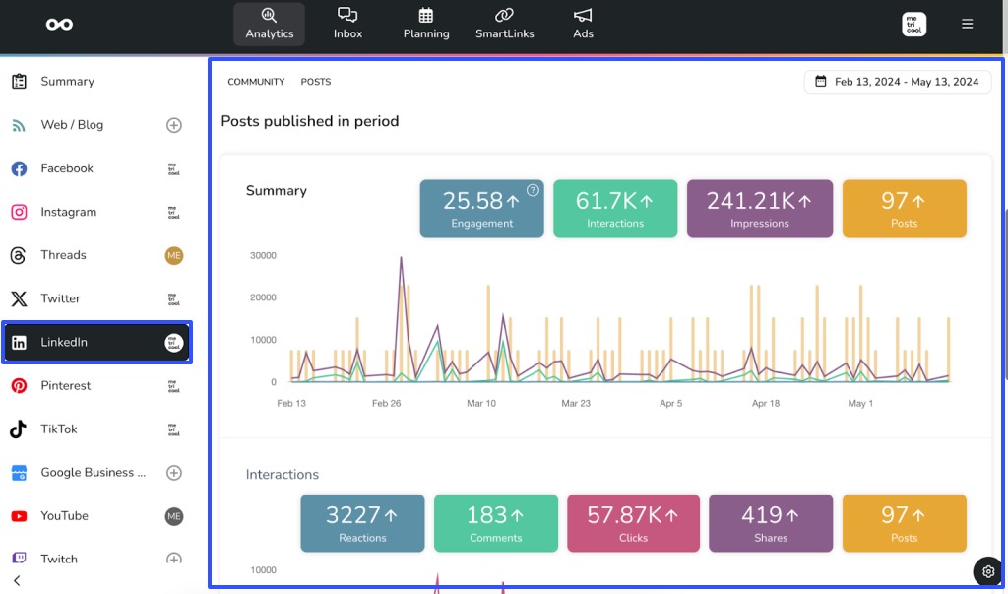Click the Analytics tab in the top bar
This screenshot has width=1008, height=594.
click(269, 24)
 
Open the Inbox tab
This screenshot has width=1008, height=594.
click(347, 24)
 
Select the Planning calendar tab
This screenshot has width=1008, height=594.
click(425, 24)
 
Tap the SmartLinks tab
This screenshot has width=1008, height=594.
click(504, 24)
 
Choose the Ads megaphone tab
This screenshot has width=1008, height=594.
click(583, 24)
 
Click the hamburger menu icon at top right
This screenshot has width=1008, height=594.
click(967, 24)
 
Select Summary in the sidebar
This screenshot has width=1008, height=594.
click(67, 82)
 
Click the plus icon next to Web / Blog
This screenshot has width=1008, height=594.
click(174, 125)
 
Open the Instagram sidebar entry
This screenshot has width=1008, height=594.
click(68, 212)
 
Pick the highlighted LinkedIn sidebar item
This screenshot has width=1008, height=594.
click(96, 342)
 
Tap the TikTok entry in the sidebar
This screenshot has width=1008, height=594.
click(58, 429)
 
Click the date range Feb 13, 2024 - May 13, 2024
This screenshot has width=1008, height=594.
click(898, 82)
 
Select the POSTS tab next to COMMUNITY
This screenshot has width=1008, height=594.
click(316, 82)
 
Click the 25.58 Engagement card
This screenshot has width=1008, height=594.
click(481, 209)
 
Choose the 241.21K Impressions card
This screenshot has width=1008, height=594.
click(759, 209)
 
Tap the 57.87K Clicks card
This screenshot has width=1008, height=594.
click(633, 523)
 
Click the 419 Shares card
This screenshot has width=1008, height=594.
click(770, 523)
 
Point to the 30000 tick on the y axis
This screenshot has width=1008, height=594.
click(263, 255)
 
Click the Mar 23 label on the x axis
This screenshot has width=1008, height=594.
click(576, 403)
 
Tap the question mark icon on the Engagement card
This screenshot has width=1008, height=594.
click(533, 190)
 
